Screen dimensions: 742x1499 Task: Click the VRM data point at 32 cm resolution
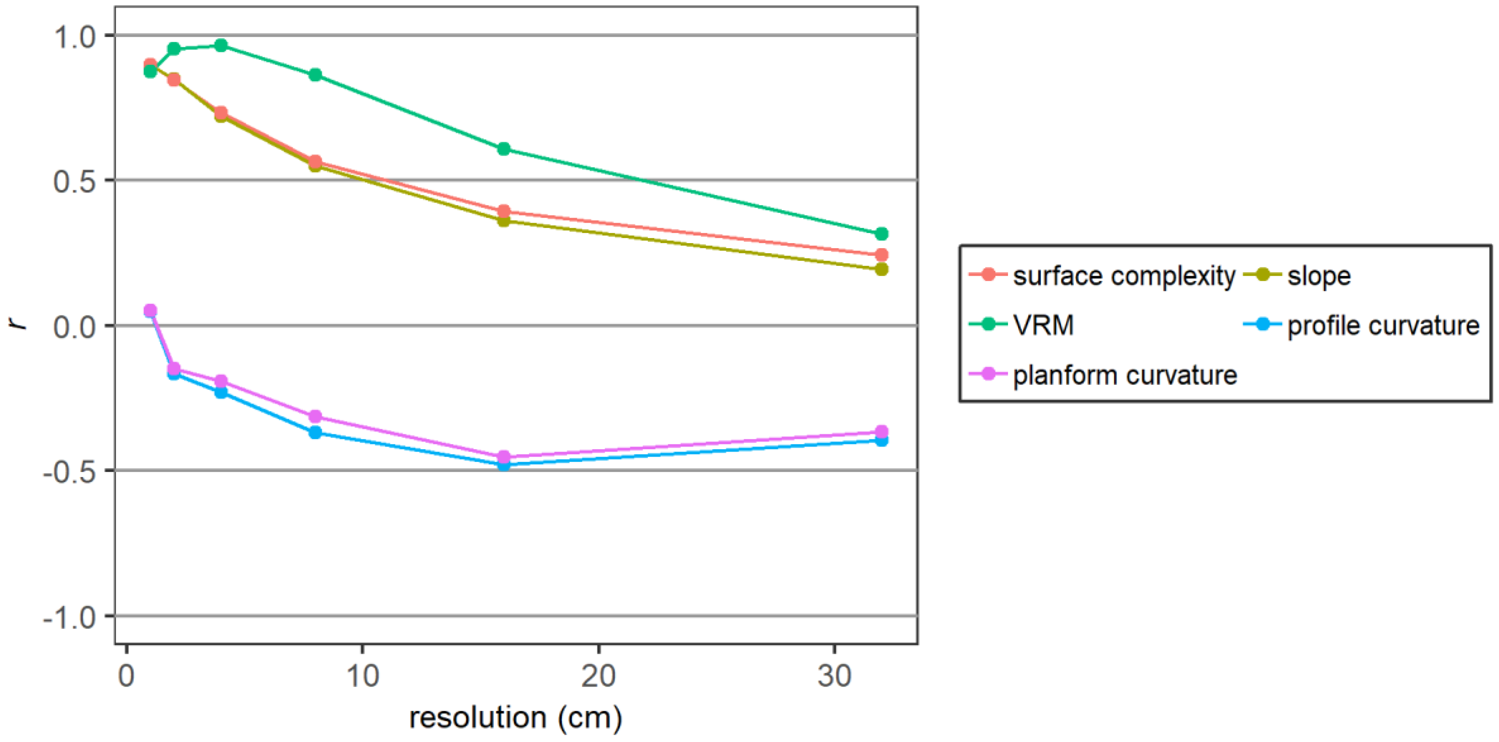[881, 234]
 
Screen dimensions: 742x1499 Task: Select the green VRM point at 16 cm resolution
[504, 149]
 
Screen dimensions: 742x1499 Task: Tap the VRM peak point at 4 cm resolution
[220, 45]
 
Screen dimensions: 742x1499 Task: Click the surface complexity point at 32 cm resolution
[881, 254]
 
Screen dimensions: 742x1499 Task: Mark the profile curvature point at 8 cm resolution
[315, 432]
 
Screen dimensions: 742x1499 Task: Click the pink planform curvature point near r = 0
[150, 310]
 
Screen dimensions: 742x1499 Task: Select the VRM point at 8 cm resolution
[315, 74]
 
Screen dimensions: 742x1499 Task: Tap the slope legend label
[1319, 276]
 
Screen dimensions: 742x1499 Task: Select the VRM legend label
[1043, 325]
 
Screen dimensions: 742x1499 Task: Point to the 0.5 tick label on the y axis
[74, 181]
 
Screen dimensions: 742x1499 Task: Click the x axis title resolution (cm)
[515, 718]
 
